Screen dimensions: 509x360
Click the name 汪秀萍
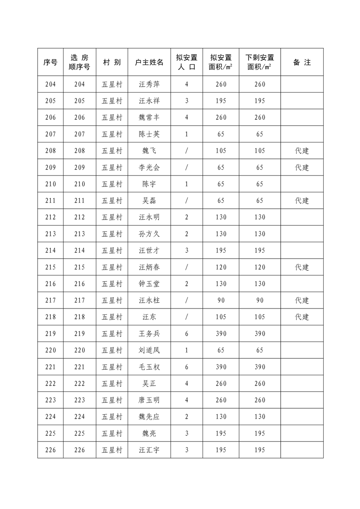pos(149,84)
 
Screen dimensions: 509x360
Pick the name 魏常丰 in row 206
pos(149,117)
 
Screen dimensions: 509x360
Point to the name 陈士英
pos(149,134)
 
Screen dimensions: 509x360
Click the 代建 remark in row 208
pos(302,151)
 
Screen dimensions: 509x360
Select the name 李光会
pos(149,167)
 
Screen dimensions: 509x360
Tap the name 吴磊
pos(149,201)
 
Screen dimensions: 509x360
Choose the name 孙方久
pos(149,234)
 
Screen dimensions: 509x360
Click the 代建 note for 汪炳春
pos(302,267)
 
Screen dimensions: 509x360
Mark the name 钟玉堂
pos(149,284)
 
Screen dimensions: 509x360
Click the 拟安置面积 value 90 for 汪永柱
pos(221,300)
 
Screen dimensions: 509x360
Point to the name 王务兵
pos(149,334)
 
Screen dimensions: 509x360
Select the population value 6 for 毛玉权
pos(187,367)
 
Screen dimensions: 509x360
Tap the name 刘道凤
pos(149,350)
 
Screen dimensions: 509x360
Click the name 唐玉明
pos(149,400)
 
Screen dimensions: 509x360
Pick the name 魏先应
pos(149,417)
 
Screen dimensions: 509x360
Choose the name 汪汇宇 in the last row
pos(149,450)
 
